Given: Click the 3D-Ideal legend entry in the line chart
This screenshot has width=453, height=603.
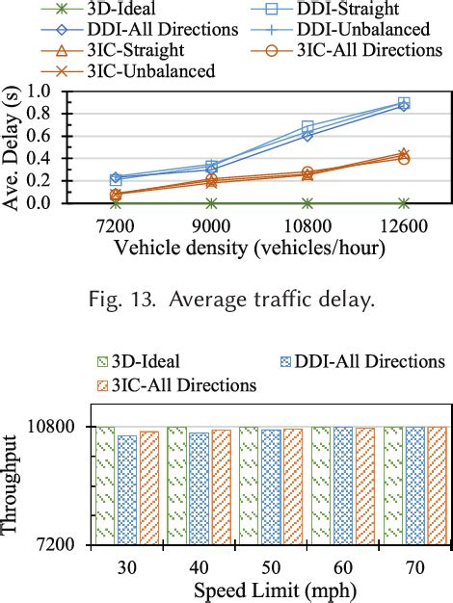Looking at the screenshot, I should coord(91,10).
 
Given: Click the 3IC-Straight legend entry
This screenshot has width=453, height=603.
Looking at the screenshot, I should coord(128,50).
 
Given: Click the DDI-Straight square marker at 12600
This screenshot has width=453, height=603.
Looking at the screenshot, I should coord(404,102).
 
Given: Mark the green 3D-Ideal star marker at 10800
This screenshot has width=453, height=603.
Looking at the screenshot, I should coord(307,203).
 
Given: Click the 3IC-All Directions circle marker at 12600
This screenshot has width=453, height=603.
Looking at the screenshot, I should coord(404,158).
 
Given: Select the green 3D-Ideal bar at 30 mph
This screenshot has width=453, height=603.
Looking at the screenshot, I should coord(105,485).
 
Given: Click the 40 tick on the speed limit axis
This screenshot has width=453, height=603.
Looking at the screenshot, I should coord(199,568).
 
